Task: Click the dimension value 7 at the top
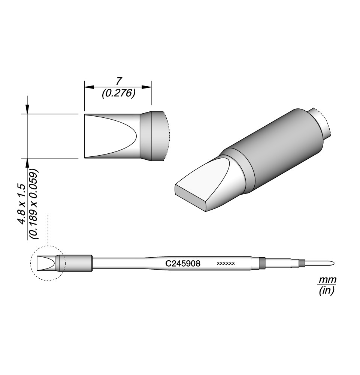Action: [x=118, y=82]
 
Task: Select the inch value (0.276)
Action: [x=119, y=93]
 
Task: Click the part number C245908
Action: [x=183, y=264]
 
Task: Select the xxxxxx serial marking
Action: [x=226, y=264]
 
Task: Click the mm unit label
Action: [x=328, y=279]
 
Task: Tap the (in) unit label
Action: [x=327, y=291]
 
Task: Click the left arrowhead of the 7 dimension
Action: [x=89, y=87]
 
